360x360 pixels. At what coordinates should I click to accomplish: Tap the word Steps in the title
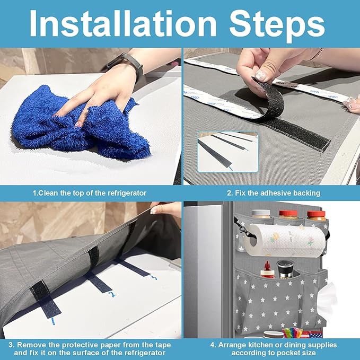[x=277, y=25]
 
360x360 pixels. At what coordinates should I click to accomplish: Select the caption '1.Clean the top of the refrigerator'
[x=90, y=193]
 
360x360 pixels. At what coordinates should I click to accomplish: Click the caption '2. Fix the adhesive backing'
[x=274, y=193]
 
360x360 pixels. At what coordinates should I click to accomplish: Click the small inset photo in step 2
[x=228, y=152]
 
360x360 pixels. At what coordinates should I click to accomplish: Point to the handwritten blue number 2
[x=112, y=294]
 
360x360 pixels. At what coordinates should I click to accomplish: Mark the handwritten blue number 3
[x=153, y=278]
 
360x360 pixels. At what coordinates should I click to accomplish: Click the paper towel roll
[x=285, y=240]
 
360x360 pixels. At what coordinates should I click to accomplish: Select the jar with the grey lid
[x=261, y=214]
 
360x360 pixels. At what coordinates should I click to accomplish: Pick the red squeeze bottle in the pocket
[x=267, y=270]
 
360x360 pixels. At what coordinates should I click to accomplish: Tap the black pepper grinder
[x=285, y=269]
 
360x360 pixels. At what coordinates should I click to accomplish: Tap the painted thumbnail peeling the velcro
[x=261, y=75]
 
